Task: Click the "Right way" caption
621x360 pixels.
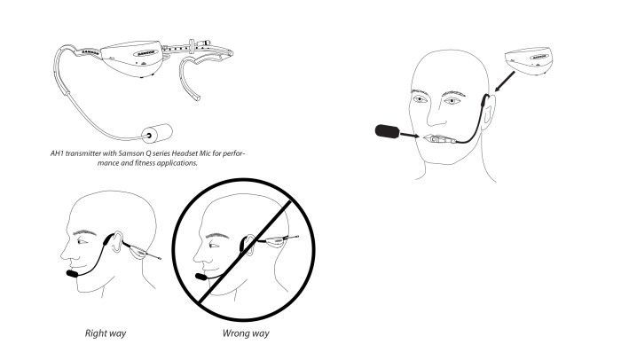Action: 106,333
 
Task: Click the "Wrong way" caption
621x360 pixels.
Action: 246,333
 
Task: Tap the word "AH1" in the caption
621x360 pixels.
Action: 57,153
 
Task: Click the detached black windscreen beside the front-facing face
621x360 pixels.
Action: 387,131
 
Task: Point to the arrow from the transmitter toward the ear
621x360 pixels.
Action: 505,82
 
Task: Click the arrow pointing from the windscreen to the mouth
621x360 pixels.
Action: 410,136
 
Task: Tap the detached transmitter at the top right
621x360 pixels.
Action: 528,59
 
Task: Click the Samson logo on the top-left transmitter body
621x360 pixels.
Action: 146,52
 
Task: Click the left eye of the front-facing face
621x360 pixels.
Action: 420,99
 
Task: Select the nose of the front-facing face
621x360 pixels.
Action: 436,114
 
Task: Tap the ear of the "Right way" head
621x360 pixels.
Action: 115,242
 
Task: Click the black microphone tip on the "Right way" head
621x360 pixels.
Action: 72,274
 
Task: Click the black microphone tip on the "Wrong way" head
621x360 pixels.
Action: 201,277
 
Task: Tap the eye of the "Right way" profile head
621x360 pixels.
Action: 82,241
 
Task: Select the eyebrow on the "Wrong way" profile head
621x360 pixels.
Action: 217,236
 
